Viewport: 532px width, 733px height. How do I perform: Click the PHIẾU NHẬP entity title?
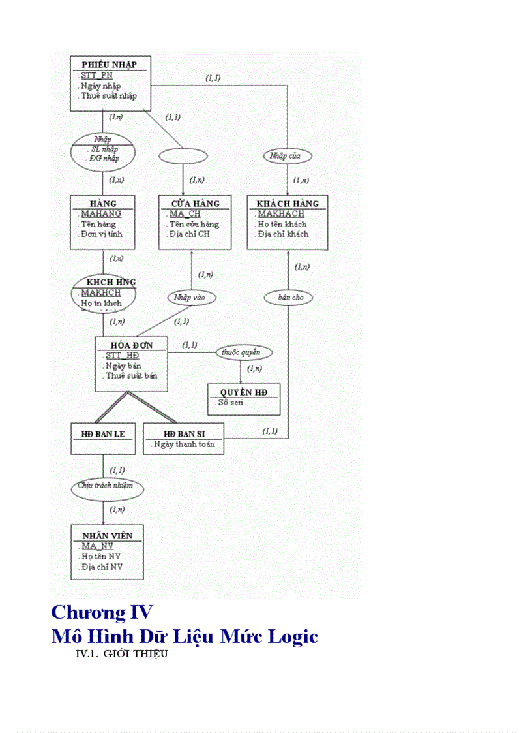(109, 64)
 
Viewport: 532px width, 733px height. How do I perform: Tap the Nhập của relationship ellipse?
(288, 156)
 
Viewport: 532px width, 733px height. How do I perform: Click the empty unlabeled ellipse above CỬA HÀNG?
(183, 156)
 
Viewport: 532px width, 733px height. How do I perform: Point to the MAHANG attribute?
(101, 213)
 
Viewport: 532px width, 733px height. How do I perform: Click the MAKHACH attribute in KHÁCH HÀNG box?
(281, 213)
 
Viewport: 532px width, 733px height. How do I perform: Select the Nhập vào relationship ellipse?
(190, 298)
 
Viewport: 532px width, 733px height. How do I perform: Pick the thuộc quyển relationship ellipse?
(244, 352)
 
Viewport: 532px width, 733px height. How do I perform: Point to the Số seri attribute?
(232, 403)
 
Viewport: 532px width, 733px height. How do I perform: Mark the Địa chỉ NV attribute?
(102, 567)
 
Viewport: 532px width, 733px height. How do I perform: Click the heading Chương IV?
(102, 613)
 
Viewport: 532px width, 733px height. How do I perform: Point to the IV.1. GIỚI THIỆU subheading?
(122, 653)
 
